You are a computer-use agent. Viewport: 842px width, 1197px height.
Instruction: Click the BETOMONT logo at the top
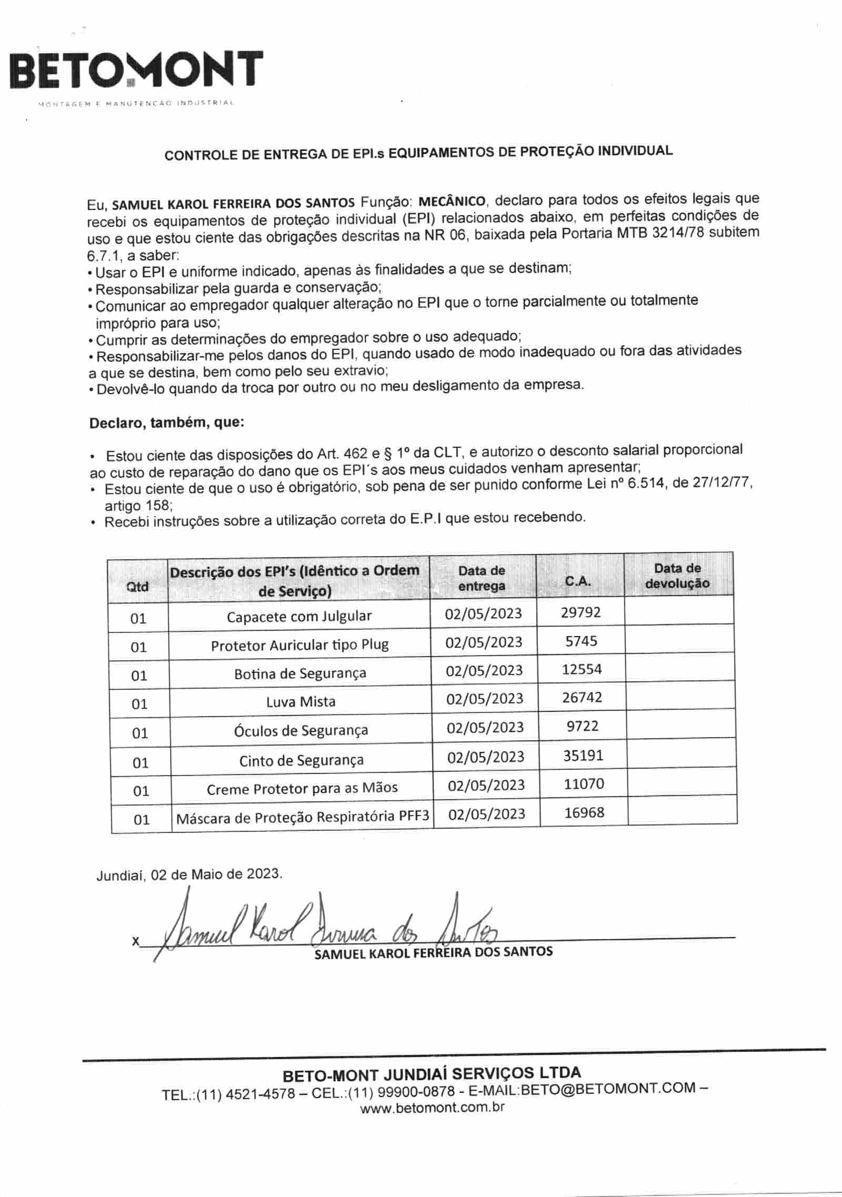[x=136, y=70]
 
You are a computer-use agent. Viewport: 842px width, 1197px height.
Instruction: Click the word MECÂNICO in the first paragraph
[x=452, y=201]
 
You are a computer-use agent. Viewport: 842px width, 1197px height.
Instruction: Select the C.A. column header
[x=578, y=581]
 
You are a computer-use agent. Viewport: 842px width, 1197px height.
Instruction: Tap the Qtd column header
[x=138, y=587]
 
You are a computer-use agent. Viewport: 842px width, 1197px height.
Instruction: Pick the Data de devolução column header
[x=677, y=576]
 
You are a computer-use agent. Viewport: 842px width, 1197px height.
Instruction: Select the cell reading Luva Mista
[x=300, y=701]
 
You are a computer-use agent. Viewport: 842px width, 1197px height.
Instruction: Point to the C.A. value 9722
[x=583, y=726]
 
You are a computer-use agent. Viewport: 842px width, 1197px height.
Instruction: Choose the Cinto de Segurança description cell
[x=301, y=760]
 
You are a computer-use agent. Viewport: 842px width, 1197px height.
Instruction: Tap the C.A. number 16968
[x=584, y=812]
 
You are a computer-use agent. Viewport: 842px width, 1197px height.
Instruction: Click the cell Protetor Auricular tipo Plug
[x=299, y=645]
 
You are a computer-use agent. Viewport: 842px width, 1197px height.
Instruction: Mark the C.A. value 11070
[x=584, y=784]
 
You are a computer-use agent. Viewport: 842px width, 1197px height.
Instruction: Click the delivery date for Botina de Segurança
[x=484, y=670]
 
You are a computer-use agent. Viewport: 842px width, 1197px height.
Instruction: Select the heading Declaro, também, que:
[x=167, y=423]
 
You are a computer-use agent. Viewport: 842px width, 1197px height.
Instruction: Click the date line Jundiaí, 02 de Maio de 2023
[x=189, y=874]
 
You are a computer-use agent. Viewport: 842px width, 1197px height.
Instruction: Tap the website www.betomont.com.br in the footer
[x=432, y=1107]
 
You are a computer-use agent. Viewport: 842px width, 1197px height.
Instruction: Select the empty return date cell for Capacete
[x=679, y=612]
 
